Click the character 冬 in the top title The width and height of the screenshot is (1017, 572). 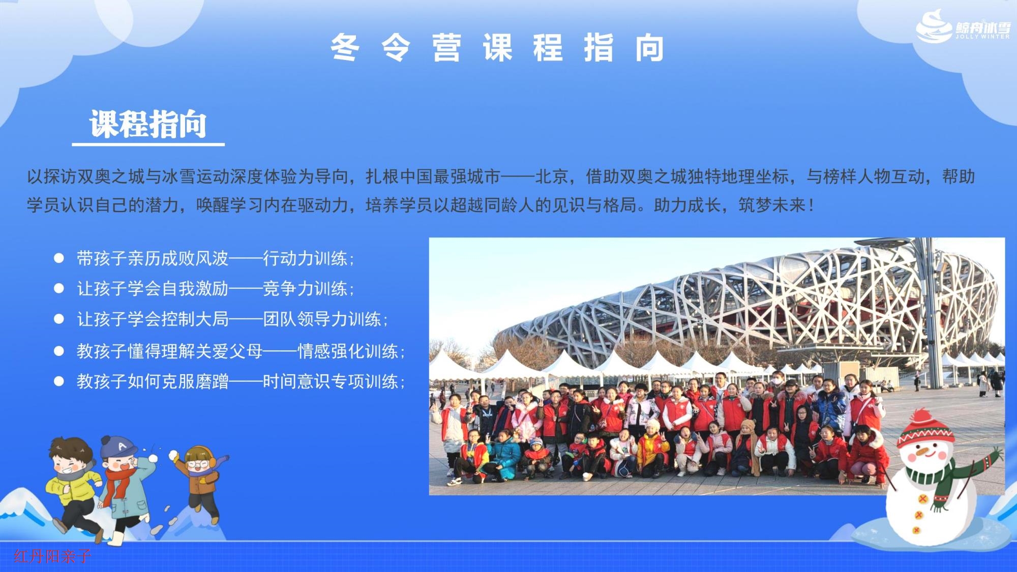(345, 48)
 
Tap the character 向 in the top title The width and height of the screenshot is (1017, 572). (649, 48)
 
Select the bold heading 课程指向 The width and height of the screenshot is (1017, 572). (148, 124)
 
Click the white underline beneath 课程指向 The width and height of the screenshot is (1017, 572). (148, 144)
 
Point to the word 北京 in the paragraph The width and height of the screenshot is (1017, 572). (552, 176)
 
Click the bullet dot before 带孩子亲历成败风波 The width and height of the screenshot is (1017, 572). (59, 258)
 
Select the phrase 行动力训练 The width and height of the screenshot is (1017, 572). (305, 258)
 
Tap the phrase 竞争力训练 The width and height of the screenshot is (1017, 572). (305, 288)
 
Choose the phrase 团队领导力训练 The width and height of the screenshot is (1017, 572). (322, 319)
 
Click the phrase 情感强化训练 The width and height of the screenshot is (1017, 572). (348, 351)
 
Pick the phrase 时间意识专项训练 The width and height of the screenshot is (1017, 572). (331, 381)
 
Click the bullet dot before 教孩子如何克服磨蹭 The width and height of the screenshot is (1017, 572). (59, 381)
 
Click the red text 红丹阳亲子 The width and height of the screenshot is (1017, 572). (52, 556)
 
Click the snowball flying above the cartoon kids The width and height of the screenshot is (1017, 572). (174, 454)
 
